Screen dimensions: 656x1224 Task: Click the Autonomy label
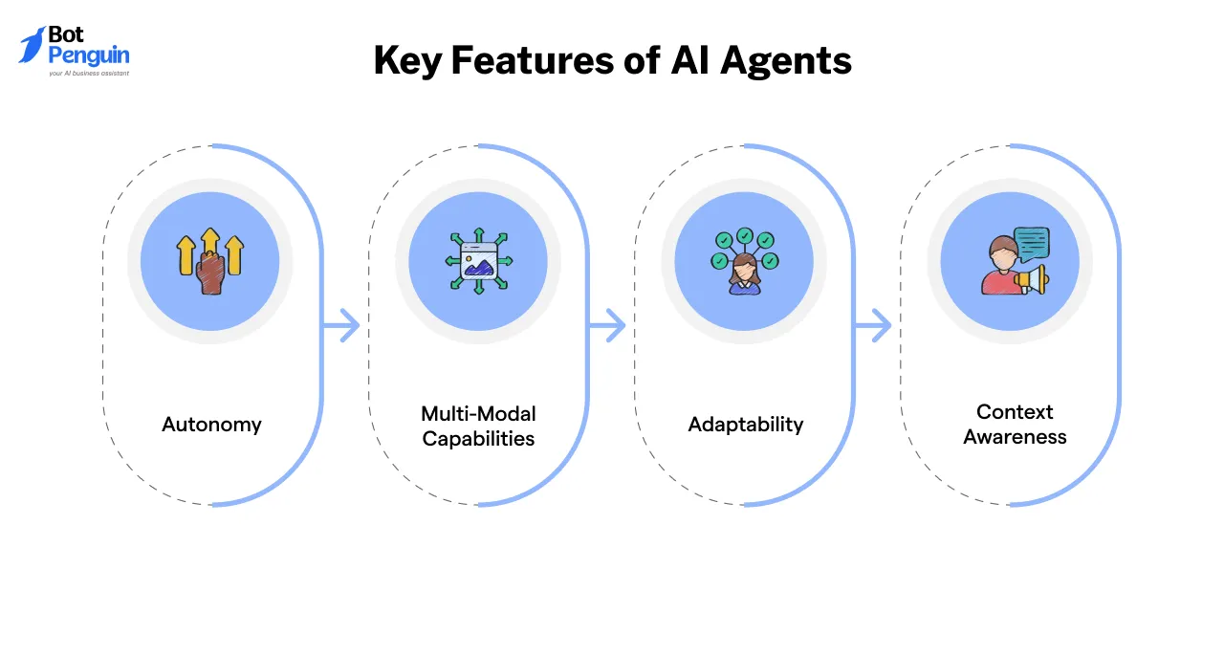coord(211,425)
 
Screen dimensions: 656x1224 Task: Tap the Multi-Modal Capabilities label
coord(478,426)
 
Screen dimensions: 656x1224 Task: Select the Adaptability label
coord(746,425)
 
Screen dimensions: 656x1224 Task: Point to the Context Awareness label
coord(1015,425)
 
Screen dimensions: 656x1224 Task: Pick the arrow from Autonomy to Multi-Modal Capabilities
coord(342,327)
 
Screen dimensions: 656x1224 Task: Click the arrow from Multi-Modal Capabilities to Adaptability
coord(608,327)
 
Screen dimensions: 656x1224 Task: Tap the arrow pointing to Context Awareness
coord(874,327)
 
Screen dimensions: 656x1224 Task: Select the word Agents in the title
coord(786,61)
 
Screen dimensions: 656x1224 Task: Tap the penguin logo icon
coord(32,45)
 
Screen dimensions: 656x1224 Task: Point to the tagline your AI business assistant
coord(89,74)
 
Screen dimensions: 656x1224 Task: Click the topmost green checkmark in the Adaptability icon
coord(744,235)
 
